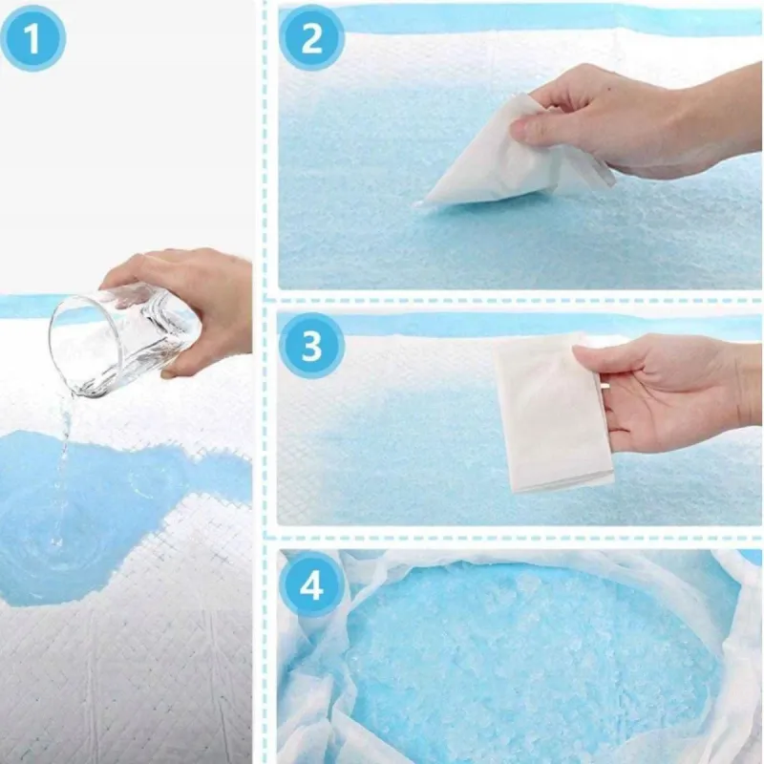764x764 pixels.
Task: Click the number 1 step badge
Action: click(32, 39)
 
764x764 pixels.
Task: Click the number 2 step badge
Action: click(312, 38)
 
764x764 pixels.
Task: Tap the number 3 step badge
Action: click(312, 346)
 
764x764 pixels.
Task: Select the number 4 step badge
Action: click(312, 584)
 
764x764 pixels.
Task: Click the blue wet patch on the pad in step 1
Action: click(97, 507)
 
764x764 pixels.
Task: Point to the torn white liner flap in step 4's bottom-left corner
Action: click(312, 731)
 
